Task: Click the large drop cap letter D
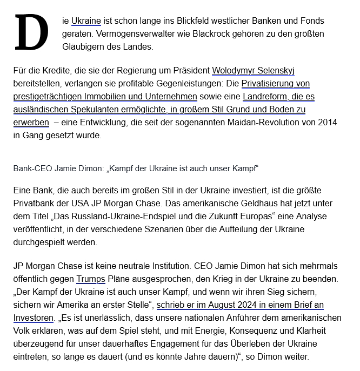pyautogui.click(x=32, y=33)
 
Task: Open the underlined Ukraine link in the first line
pyautogui.click(x=86, y=21)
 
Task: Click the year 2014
pyautogui.click(x=328, y=123)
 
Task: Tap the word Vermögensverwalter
pyautogui.click(x=115, y=34)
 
